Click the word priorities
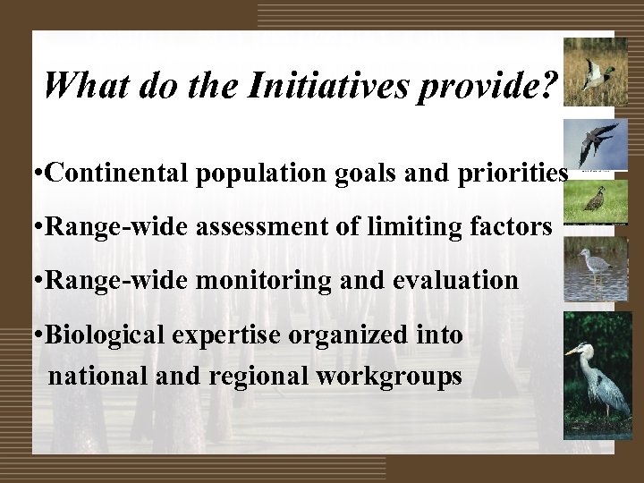coord(513,173)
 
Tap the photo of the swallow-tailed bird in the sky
coord(594,144)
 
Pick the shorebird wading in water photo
coord(594,268)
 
